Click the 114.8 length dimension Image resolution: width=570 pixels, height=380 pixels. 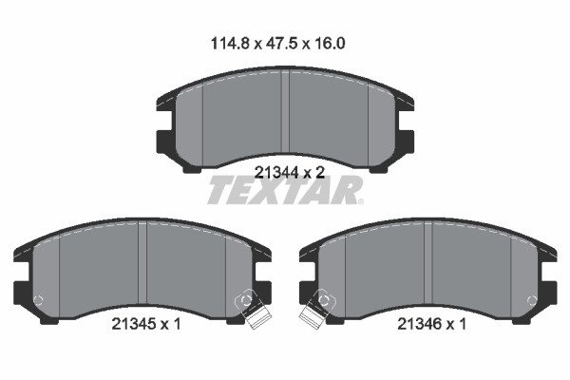tap(231, 44)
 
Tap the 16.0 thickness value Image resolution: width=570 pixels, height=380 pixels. tap(329, 44)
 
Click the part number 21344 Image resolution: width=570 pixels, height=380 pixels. tap(276, 172)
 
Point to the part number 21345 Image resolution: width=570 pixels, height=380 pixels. tap(133, 324)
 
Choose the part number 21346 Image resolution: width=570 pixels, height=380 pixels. tap(420, 324)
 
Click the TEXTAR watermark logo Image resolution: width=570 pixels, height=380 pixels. tap(284, 190)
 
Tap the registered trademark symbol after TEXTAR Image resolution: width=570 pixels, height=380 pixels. tap(360, 201)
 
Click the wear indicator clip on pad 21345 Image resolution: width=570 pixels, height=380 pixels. tap(253, 309)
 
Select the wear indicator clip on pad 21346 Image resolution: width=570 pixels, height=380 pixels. tap(317, 309)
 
